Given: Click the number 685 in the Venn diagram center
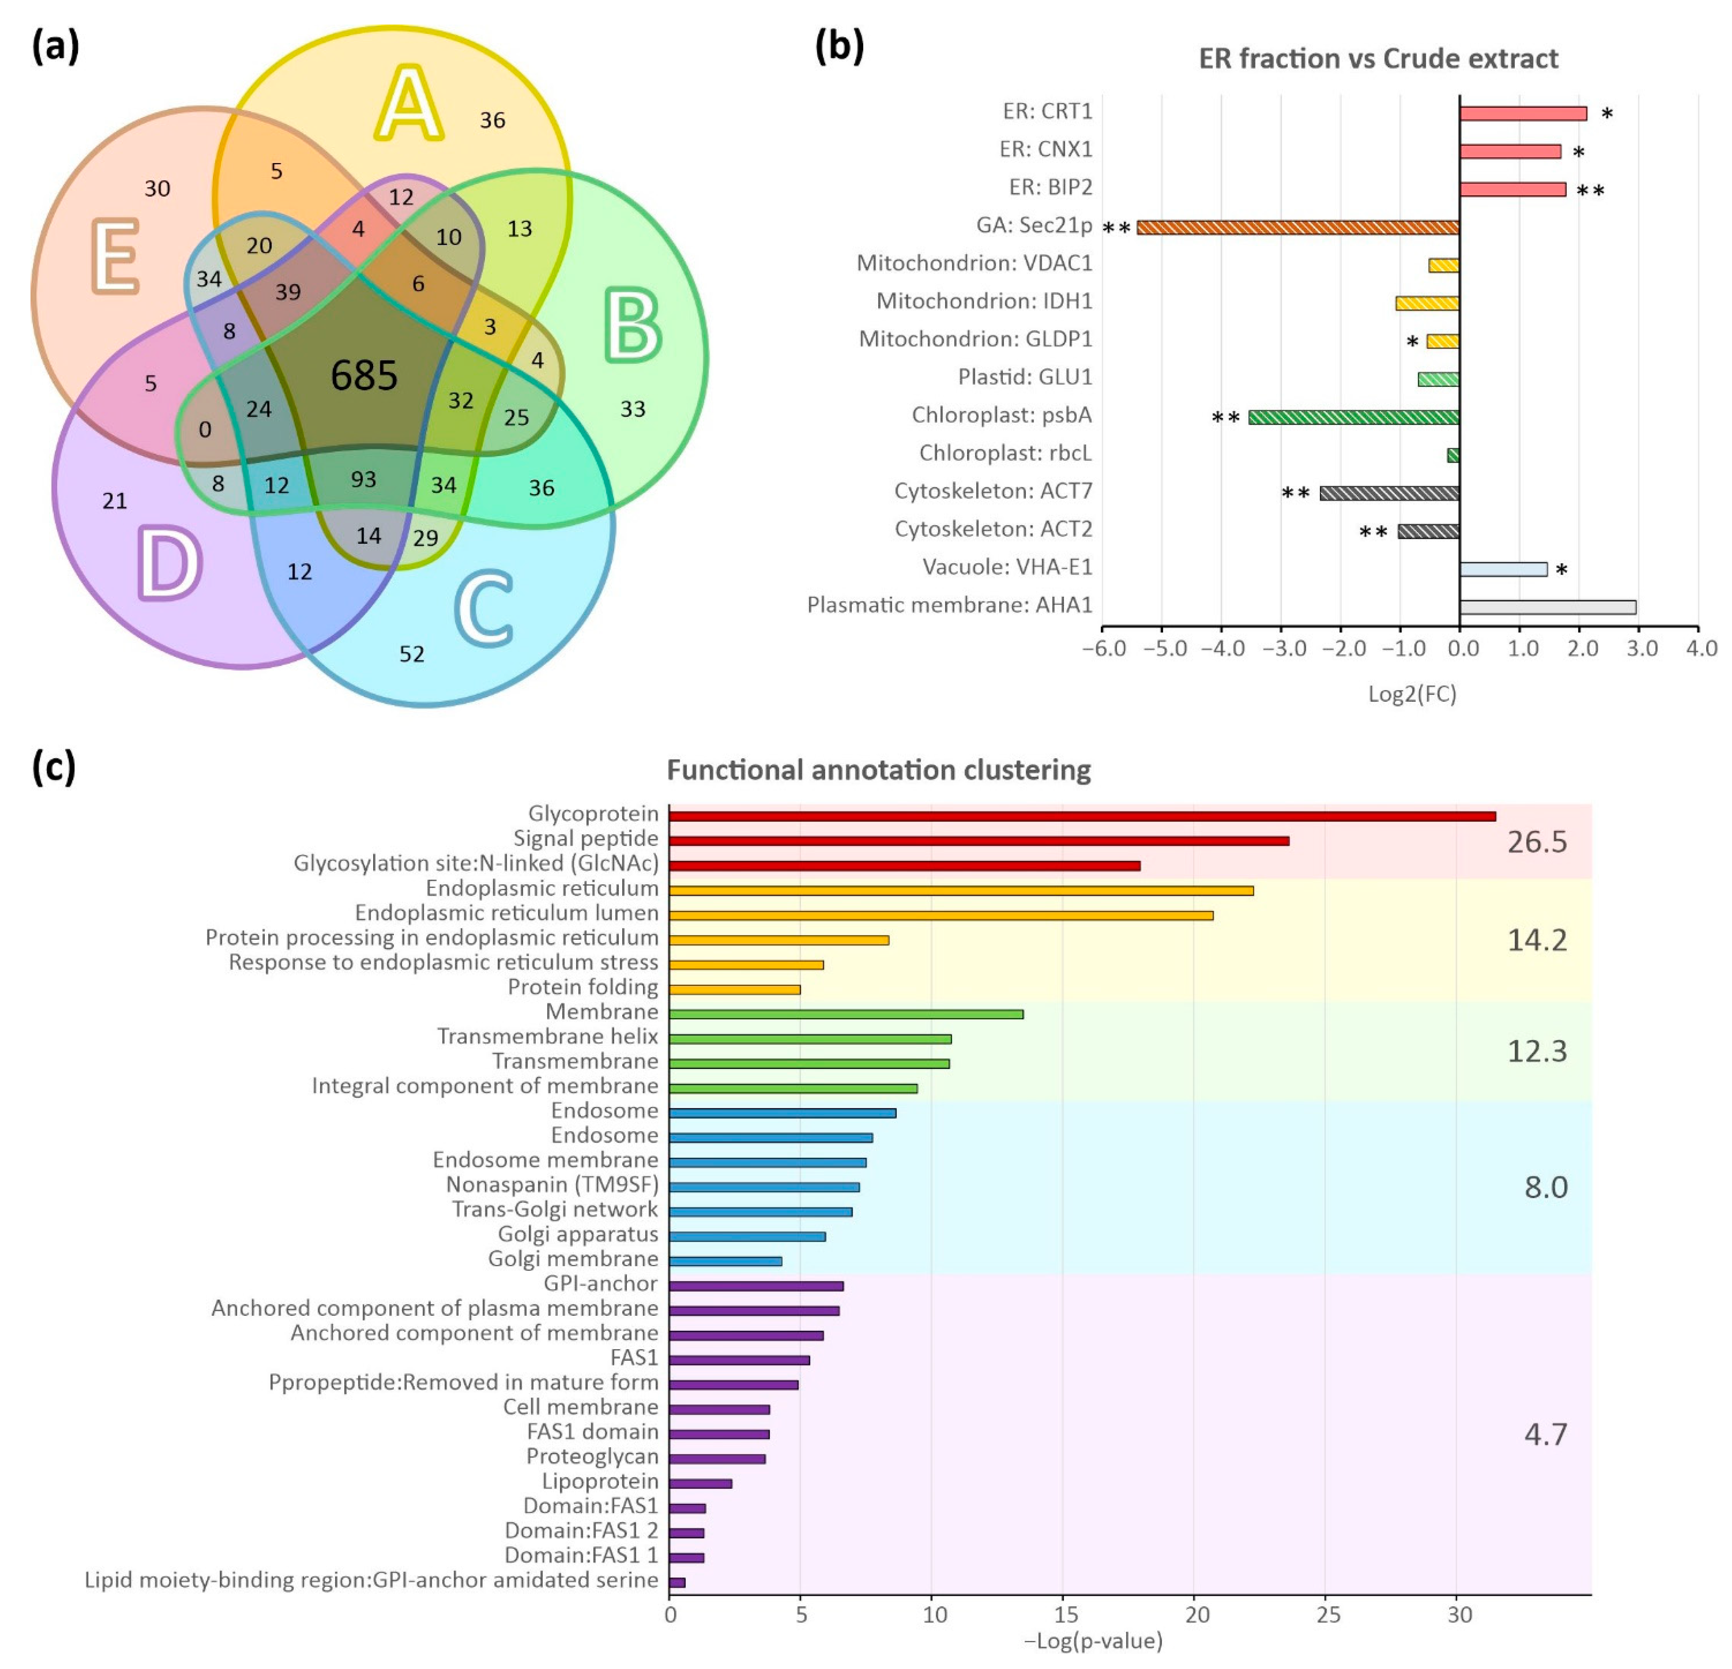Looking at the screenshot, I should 364,376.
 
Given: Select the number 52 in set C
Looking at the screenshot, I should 412,654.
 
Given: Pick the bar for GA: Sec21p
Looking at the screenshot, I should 1297,227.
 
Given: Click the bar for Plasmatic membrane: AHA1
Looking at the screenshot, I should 1547,607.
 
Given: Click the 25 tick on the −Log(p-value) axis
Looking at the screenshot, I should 1328,1615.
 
